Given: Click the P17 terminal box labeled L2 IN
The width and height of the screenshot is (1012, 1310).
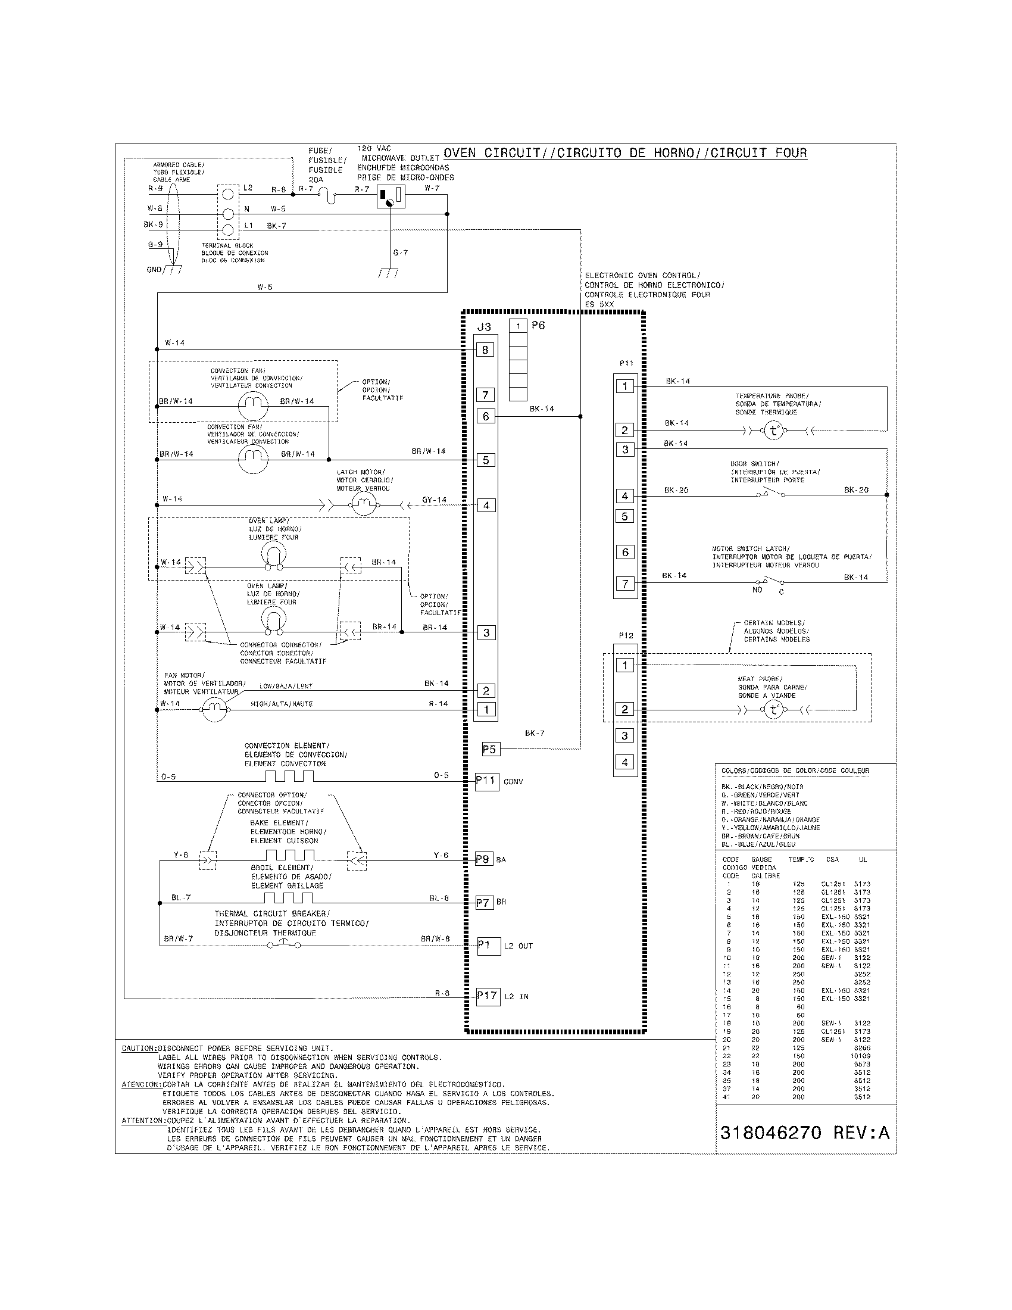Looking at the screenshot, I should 488,996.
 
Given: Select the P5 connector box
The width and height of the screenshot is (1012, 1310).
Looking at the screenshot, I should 489,749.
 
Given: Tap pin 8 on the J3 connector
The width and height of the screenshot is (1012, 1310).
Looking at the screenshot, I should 485,350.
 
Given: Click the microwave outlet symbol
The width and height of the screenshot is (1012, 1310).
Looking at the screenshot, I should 391,196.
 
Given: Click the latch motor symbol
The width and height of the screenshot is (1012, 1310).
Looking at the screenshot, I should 363,505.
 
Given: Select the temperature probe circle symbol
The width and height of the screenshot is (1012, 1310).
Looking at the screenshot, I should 773,431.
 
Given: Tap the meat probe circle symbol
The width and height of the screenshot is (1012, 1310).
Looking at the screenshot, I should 773,710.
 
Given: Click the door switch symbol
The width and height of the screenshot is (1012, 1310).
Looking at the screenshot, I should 772,493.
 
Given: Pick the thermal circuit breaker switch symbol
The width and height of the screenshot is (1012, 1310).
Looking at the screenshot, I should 283,944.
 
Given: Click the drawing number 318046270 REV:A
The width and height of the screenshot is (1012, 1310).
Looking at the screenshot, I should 805,1133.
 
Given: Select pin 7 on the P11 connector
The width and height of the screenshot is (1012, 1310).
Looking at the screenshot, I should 624,584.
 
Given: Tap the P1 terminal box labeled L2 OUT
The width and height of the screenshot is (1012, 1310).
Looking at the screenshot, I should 488,946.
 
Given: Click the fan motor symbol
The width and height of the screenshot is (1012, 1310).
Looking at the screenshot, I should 215,710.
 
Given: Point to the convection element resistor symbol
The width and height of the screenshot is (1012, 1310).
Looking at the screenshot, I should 289,776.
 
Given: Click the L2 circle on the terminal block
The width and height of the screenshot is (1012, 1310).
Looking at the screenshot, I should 228,194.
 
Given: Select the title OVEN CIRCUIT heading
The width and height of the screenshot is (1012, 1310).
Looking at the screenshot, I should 624,153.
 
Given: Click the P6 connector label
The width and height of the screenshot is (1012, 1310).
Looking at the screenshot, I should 538,325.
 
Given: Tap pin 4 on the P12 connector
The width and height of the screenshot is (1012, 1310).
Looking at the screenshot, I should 624,762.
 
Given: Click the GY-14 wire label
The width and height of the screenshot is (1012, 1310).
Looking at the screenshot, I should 434,500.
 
